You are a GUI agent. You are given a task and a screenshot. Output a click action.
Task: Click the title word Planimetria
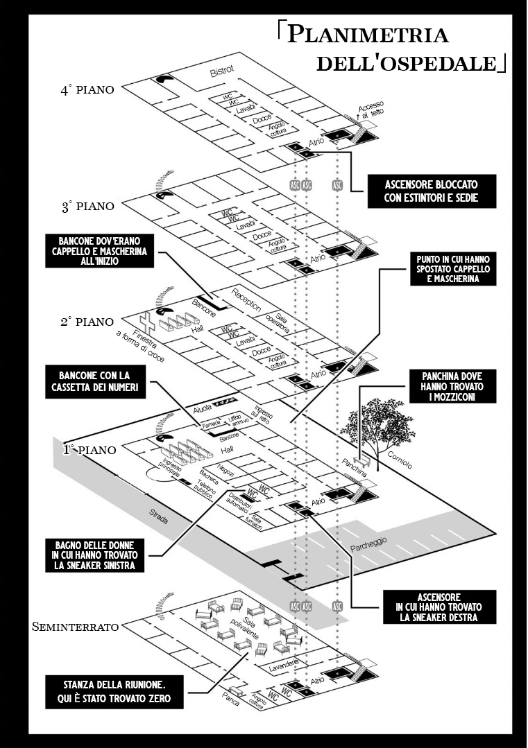pyautogui.click(x=368, y=35)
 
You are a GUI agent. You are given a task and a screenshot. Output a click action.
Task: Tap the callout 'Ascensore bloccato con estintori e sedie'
pyautogui.click(x=432, y=191)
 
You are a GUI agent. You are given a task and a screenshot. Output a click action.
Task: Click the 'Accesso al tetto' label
pyautogui.click(x=371, y=108)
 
